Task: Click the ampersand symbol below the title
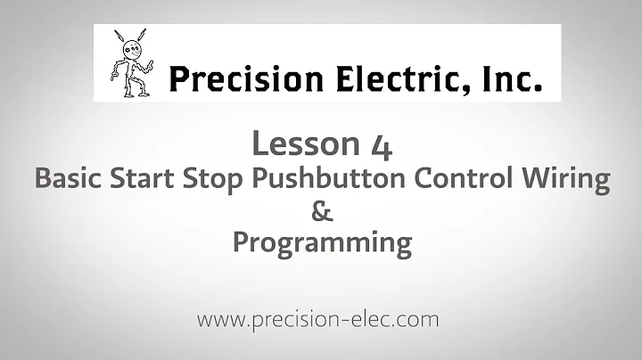click(322, 211)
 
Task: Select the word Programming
click(322, 243)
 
